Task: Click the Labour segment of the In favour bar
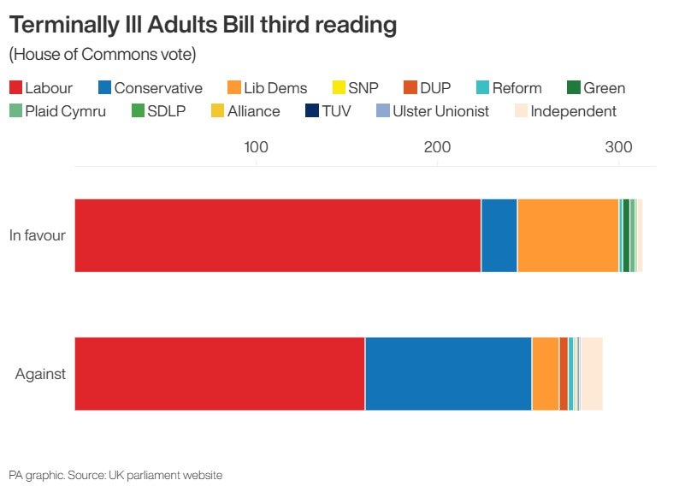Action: (278, 235)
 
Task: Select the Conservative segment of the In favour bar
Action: (499, 235)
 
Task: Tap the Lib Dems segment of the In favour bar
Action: (568, 235)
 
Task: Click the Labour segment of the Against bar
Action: (220, 374)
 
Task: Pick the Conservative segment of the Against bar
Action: (448, 374)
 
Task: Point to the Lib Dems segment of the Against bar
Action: (546, 374)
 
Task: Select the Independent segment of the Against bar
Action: (592, 374)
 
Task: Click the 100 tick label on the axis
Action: (256, 147)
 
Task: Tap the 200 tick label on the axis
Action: (438, 147)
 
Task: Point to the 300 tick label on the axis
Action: (619, 147)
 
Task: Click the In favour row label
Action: (37, 235)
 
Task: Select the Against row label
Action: (40, 374)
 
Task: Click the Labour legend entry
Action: (40, 88)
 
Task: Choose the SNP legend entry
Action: (355, 88)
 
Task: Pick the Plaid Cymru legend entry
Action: (56, 111)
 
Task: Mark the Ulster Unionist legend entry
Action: (433, 111)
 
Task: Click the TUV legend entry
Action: (328, 111)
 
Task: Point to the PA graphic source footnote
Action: (115, 475)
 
